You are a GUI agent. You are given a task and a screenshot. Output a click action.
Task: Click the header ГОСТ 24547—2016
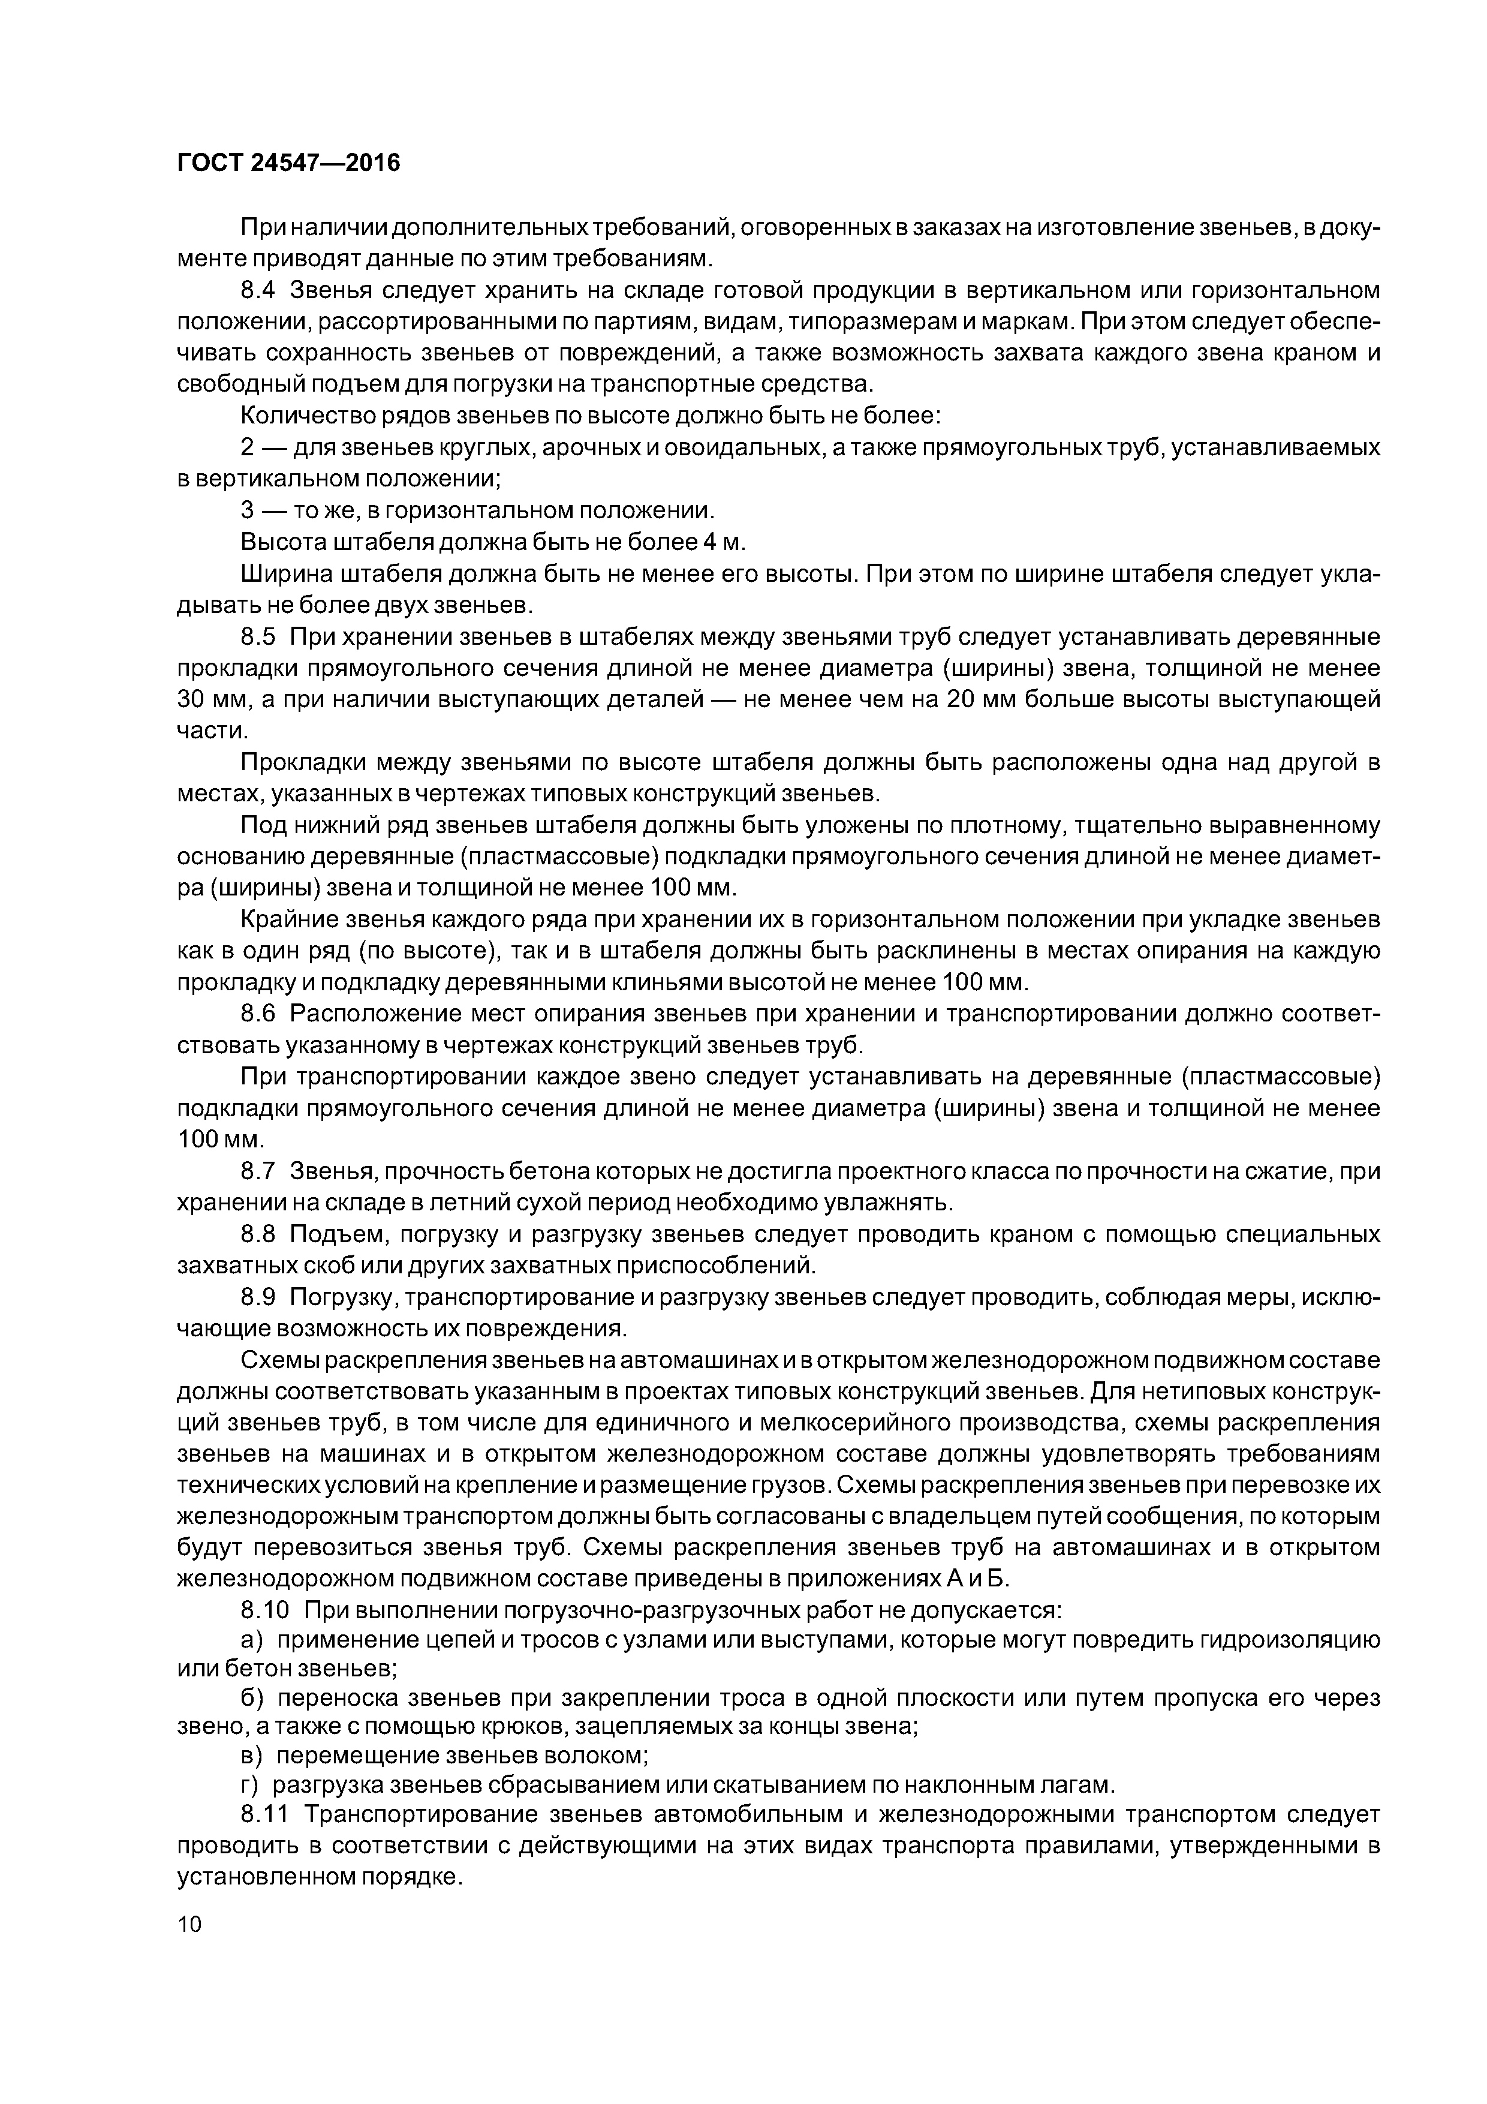tap(288, 163)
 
